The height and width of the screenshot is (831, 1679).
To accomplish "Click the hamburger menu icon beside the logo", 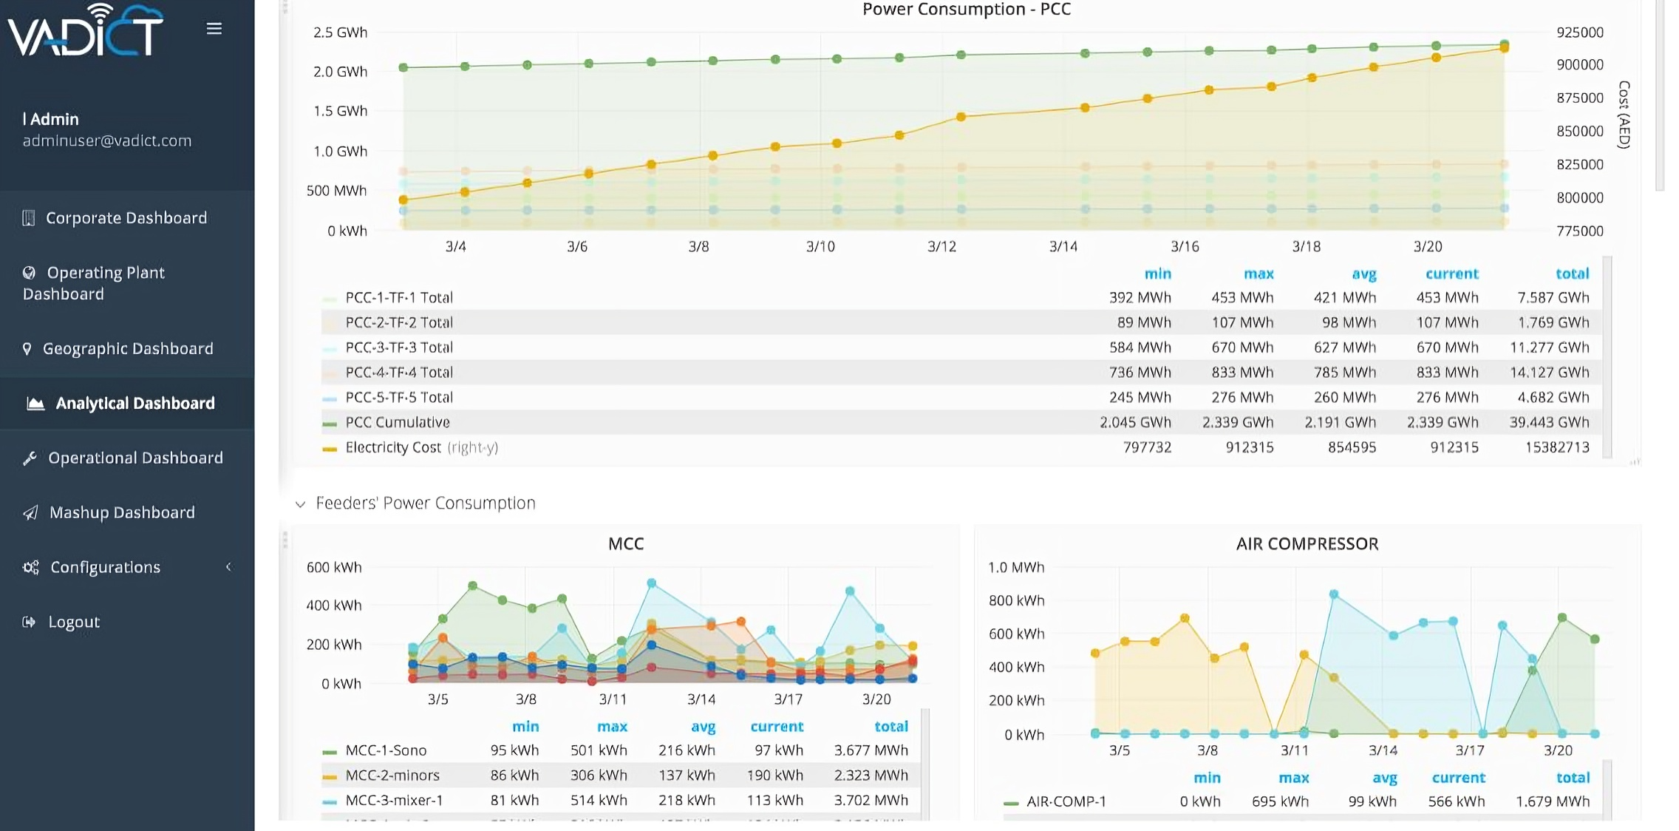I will point(214,29).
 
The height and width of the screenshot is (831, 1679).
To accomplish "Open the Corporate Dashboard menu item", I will point(126,218).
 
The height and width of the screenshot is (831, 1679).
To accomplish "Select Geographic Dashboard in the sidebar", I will point(127,348).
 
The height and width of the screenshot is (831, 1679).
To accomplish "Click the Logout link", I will point(73,622).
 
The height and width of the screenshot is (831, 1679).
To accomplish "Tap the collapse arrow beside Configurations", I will point(228,567).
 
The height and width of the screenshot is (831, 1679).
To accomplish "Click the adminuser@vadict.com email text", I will point(106,140).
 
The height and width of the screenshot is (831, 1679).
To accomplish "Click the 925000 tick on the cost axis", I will point(1579,33).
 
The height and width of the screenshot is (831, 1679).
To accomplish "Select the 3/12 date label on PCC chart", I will point(941,246).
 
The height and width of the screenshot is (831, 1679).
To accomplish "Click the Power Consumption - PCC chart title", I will point(966,10).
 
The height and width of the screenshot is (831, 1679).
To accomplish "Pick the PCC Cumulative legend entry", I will point(397,422).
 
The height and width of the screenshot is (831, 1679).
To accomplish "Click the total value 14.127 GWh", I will point(1549,373).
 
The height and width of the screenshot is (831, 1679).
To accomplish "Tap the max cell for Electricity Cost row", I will point(1249,447).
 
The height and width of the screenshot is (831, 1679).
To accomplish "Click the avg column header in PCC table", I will point(1363,274).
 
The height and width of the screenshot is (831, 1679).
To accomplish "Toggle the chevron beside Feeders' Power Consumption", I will point(300,504).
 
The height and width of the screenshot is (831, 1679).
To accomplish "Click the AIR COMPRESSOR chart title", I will point(1307,544).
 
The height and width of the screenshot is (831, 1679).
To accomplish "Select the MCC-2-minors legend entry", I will point(392,776).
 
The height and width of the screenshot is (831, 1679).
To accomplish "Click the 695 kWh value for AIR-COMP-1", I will point(1279,801).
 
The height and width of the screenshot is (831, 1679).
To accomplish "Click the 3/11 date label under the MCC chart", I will point(613,699).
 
